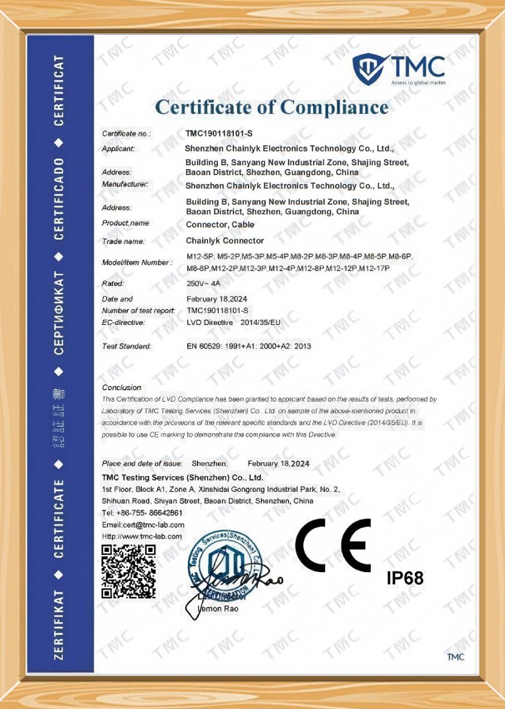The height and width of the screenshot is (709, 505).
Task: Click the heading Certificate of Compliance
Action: [272, 107]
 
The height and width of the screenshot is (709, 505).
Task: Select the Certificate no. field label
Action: [126, 134]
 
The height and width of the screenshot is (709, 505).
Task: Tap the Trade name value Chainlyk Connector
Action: [225, 241]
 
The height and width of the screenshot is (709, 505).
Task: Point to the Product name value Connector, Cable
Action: [220, 225]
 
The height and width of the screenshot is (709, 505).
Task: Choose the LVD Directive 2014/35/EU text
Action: [233, 322]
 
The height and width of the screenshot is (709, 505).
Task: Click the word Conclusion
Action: [121, 387]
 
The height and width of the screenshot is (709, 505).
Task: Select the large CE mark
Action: [333, 546]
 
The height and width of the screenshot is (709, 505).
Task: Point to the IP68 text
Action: [404, 577]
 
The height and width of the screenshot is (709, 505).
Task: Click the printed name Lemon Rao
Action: [217, 609]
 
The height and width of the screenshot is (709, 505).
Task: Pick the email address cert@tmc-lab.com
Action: [143, 525]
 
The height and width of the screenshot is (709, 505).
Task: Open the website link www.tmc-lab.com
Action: [142, 536]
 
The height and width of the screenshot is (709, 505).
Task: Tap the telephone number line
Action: [142, 513]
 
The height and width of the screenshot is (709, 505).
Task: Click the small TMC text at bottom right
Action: [455, 657]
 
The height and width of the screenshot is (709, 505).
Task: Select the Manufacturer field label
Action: [125, 185]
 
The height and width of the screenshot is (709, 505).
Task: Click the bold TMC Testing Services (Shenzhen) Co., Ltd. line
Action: [182, 477]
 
